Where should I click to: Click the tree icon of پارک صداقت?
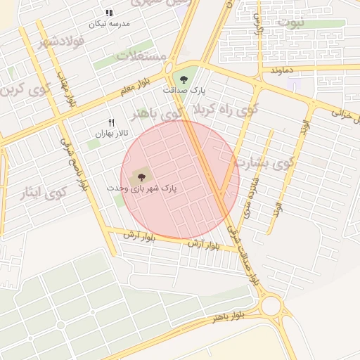coord(184,79)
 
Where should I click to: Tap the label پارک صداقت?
coord(183,90)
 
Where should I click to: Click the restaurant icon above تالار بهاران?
coord(111,122)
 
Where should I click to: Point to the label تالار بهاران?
coord(112,133)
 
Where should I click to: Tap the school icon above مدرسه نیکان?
coord(109,13)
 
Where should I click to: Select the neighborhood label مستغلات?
coord(143,56)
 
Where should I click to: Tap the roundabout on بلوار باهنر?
coord(271,306)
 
